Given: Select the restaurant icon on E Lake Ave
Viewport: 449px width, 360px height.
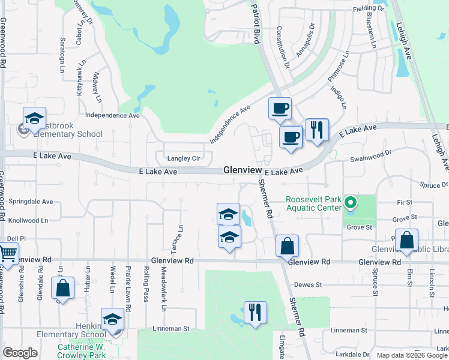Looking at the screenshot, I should coord(316,130).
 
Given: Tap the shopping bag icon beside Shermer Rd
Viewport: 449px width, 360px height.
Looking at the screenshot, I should coord(288,245).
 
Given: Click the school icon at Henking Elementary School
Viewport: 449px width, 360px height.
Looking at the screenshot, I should coord(112,320).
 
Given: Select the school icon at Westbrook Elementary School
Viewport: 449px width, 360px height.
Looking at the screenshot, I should coord(34,118).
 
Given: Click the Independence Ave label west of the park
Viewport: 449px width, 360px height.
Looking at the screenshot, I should coord(112,115).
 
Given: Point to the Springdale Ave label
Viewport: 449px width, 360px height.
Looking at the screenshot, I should coord(30,202).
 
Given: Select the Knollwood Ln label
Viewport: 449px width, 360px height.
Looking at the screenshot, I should coord(28,221).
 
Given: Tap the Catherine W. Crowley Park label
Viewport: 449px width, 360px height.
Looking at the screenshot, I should coord(81,352).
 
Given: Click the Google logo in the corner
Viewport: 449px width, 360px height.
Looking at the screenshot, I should coord(20,353).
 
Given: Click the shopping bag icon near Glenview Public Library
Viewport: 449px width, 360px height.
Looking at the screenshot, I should coord(406,240).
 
